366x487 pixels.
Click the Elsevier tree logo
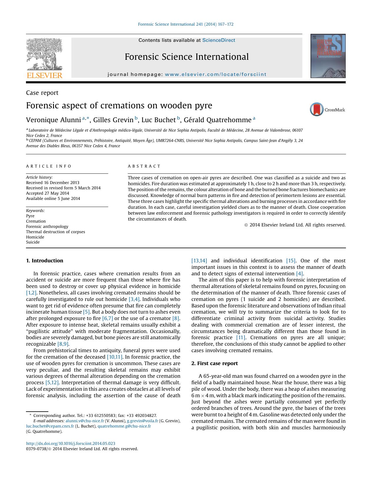[45, 54]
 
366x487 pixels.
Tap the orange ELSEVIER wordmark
[45, 75]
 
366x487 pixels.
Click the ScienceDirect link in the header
[219, 40]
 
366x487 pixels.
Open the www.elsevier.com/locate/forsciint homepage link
[216, 74]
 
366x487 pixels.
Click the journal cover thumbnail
[328, 56]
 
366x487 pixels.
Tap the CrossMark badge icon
[317, 110]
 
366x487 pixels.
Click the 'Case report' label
[42, 93]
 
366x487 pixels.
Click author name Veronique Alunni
[53, 120]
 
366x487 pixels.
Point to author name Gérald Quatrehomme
[217, 120]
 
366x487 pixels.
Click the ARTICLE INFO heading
[49, 166]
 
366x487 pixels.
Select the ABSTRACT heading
[144, 166]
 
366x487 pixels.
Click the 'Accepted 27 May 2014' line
[47, 193]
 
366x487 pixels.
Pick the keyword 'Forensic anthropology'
[47, 226]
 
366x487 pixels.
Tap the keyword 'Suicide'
[33, 242]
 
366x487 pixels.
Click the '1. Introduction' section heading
[45, 261]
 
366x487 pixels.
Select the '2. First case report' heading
[214, 363]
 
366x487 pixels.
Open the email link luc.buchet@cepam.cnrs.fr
[50, 426]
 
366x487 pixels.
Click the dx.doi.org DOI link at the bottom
[70, 443]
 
